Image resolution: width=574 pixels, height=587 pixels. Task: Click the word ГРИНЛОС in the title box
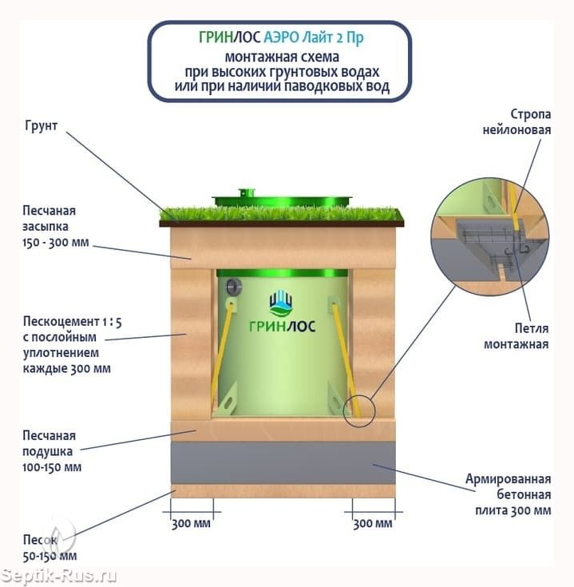pos(229,38)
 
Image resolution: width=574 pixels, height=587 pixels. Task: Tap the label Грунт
pos(42,126)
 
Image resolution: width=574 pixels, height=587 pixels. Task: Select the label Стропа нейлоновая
pos(517,122)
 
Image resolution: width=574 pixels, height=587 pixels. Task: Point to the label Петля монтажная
pos(517,335)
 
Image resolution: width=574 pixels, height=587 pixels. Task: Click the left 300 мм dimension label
pos(192,523)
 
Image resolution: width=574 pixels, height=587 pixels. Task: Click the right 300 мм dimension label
pos(373,523)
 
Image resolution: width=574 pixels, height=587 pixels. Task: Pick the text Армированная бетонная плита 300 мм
pos(509,494)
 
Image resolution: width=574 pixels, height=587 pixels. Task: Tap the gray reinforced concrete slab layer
pos(283,462)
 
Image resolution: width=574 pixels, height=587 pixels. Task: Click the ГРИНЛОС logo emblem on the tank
pos(281,303)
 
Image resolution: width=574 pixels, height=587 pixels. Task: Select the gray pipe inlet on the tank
pos(233,288)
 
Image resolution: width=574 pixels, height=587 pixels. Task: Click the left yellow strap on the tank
pos(222,355)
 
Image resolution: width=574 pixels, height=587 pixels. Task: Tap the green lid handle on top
pos(246,192)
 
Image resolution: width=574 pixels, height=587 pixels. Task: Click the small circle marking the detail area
pos(358,411)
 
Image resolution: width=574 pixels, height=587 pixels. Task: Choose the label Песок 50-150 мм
pos(49,548)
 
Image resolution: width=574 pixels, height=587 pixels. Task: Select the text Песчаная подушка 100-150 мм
pos(52,451)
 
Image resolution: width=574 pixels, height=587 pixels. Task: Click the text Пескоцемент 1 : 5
pos(73,322)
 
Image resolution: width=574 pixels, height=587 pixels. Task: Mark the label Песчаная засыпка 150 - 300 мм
pos(56,226)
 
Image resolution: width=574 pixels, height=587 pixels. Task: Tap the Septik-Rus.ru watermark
pos(58,576)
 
